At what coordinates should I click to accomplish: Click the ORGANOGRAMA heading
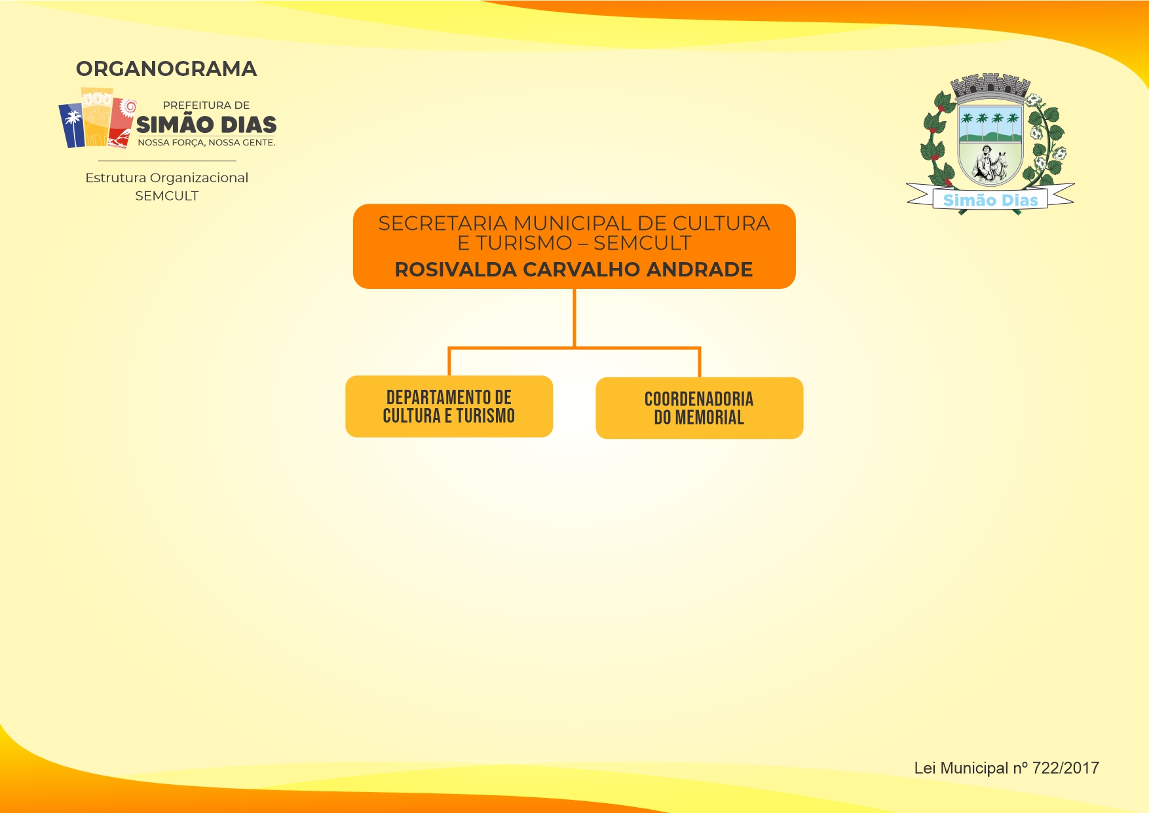[166, 69]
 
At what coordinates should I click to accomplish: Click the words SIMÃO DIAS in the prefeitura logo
[206, 124]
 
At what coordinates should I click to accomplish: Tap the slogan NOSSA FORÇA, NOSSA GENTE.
[206, 142]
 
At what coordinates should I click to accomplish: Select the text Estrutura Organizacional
[166, 178]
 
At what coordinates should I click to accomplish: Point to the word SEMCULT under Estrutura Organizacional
[166, 196]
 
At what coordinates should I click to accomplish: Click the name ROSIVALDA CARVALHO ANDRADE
[574, 269]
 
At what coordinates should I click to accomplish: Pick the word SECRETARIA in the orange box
[443, 223]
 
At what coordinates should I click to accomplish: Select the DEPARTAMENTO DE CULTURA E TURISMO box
[449, 406]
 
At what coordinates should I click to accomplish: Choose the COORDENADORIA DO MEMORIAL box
[699, 407]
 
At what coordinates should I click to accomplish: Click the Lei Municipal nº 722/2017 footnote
[1006, 768]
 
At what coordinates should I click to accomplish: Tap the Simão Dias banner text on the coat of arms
[990, 200]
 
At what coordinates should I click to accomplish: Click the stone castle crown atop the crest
[990, 86]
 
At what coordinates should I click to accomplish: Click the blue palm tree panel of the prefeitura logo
[72, 126]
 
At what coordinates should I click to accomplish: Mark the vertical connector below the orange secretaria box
[574, 318]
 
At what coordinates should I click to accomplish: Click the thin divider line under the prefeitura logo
[167, 161]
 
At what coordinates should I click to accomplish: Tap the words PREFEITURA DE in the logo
[206, 105]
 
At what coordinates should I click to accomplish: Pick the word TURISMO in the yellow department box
[485, 416]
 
